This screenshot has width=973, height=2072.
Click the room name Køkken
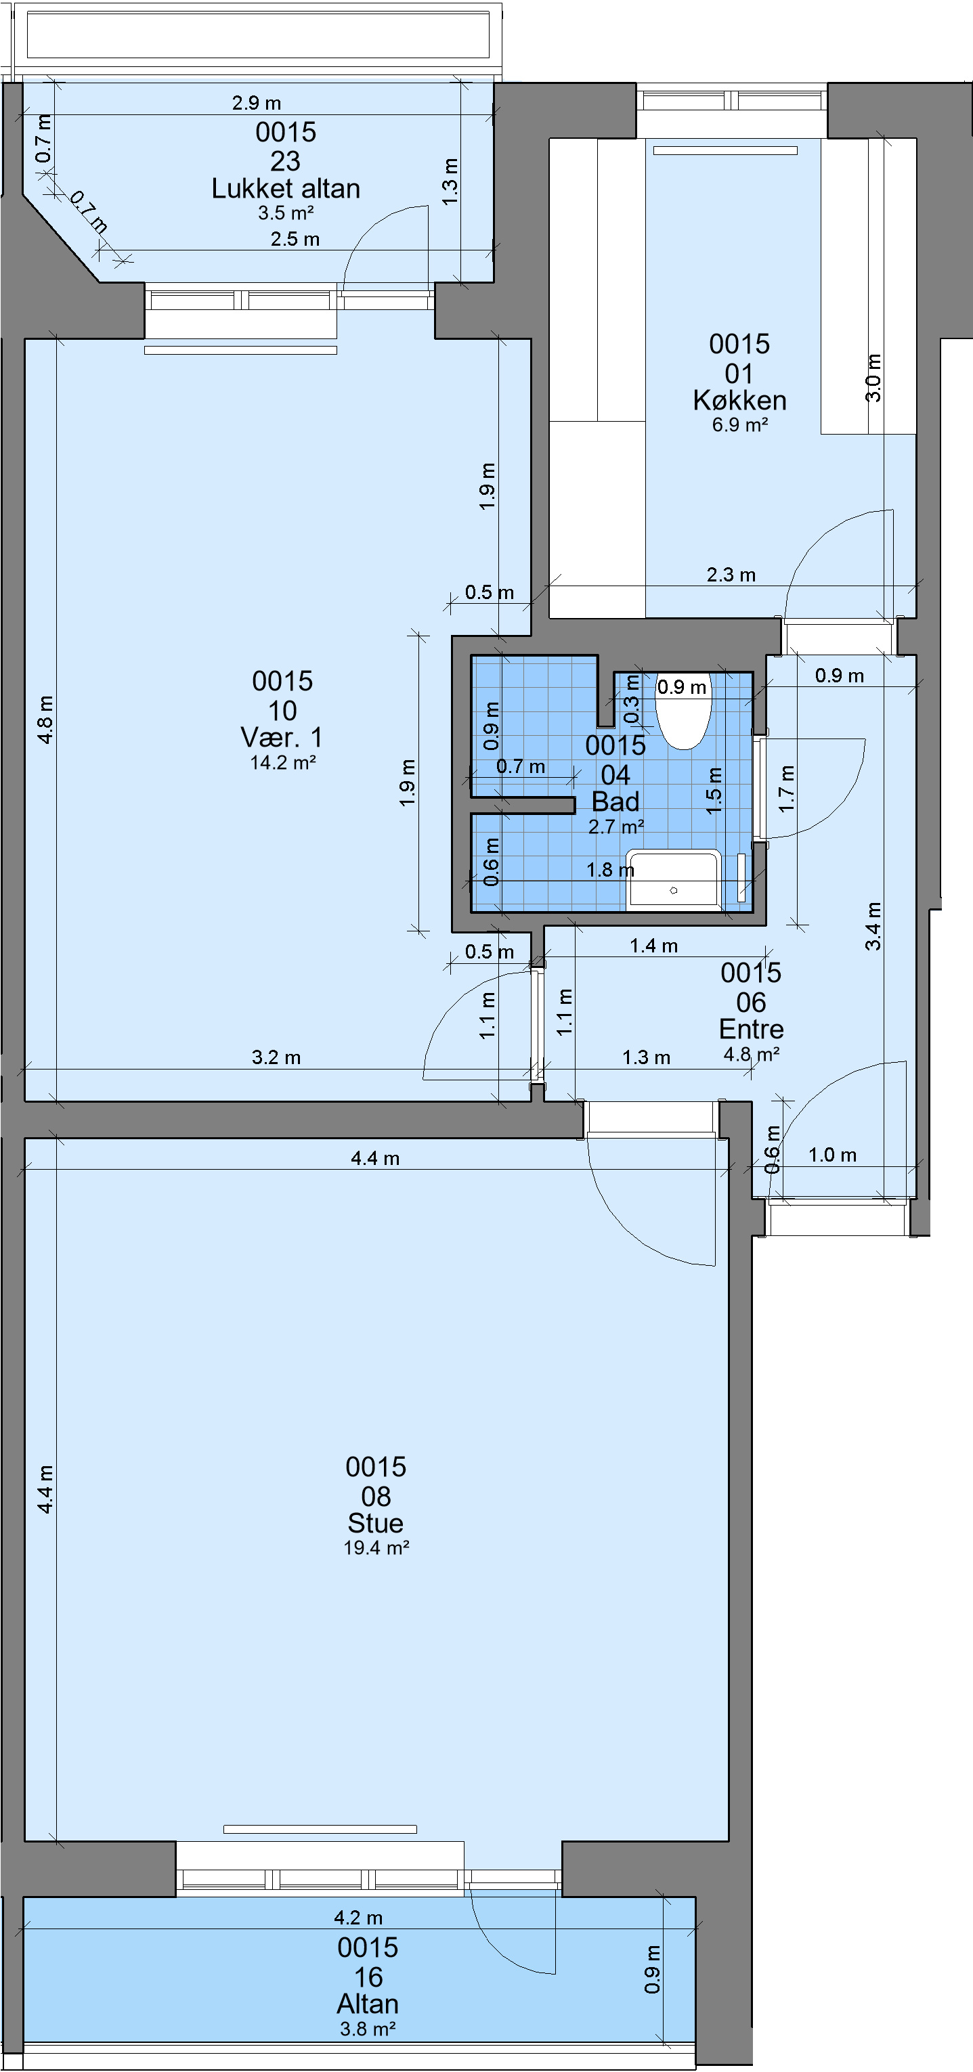tap(739, 401)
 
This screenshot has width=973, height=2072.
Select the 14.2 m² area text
tap(282, 762)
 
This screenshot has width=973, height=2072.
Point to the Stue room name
tap(376, 1522)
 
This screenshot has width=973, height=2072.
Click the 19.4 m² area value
tap(376, 1547)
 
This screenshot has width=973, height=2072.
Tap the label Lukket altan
tap(286, 189)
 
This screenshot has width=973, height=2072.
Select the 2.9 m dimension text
tap(257, 103)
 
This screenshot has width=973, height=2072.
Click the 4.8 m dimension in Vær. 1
tap(46, 720)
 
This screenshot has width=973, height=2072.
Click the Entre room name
tap(751, 1029)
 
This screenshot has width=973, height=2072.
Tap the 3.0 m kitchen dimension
tap(873, 377)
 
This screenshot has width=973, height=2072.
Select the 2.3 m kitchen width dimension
tap(731, 575)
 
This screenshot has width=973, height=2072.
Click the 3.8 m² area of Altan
tap(368, 2029)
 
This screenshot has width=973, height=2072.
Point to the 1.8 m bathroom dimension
tap(610, 870)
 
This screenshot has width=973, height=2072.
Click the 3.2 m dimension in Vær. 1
tap(276, 1058)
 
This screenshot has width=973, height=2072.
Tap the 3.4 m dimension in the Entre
tap(873, 926)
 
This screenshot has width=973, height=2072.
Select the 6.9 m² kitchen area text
tap(739, 424)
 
